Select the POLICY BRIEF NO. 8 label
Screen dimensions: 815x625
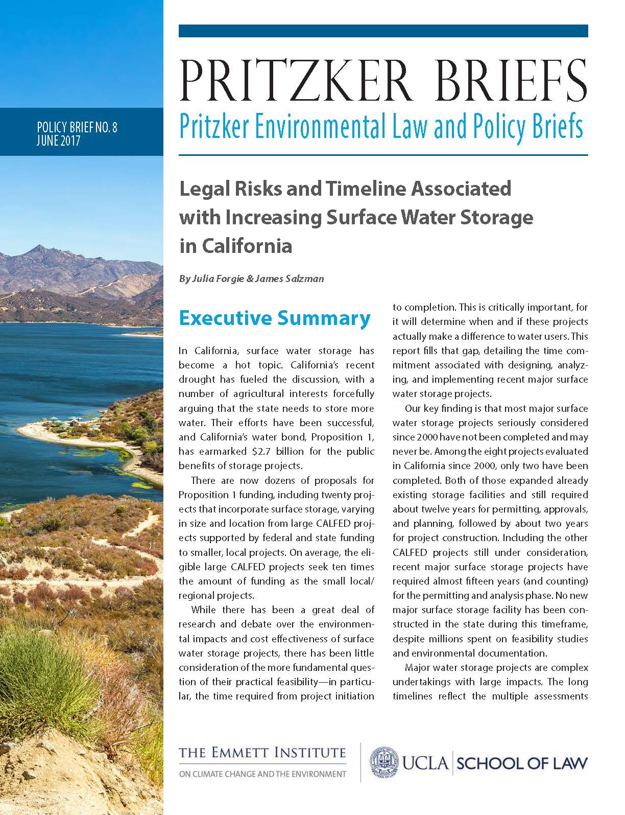click(x=77, y=127)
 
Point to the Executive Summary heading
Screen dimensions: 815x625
click(x=274, y=318)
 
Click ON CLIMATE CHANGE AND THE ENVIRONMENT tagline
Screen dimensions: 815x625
click(x=262, y=774)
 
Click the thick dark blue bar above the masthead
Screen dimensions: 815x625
click(x=383, y=31)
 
